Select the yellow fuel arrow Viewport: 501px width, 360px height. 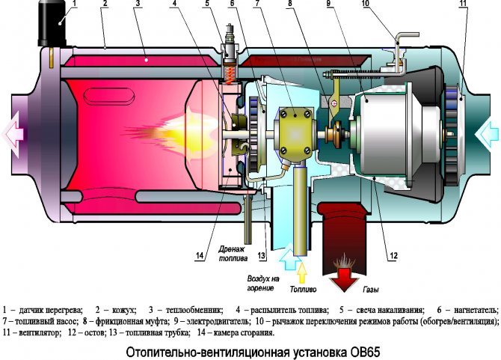pyautogui.click(x=302, y=267)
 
